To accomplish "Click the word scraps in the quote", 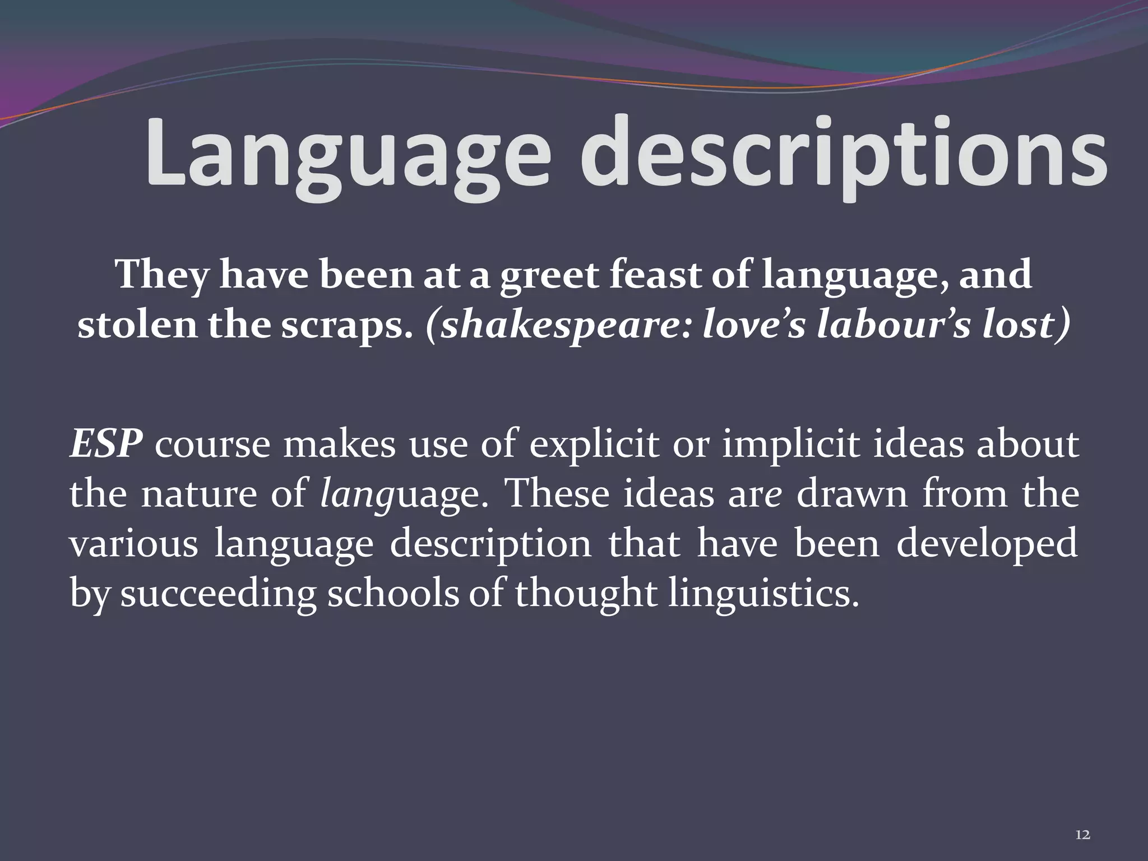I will (x=342, y=325).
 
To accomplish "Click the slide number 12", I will (x=1083, y=835).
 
